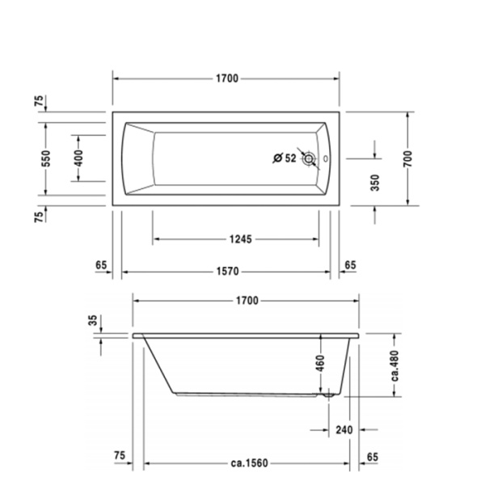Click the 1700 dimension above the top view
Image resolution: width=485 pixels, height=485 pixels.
tap(226, 78)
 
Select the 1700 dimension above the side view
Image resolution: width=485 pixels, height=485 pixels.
tap(247, 301)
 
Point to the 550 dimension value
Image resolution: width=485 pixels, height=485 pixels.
tap(46, 158)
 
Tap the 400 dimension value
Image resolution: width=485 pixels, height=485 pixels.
tap(78, 158)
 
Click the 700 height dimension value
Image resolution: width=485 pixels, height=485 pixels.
tap(409, 158)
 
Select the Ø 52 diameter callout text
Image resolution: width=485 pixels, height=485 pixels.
tap(285, 158)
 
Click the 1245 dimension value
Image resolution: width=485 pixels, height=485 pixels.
tap(240, 238)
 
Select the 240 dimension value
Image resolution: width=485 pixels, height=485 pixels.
tap(344, 431)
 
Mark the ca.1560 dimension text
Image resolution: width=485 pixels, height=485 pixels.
tap(247, 463)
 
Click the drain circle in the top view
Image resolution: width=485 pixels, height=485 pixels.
tap(309, 158)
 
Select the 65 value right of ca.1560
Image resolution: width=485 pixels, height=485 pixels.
tap(372, 457)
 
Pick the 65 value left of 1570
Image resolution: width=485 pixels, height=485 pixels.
tap(101, 264)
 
